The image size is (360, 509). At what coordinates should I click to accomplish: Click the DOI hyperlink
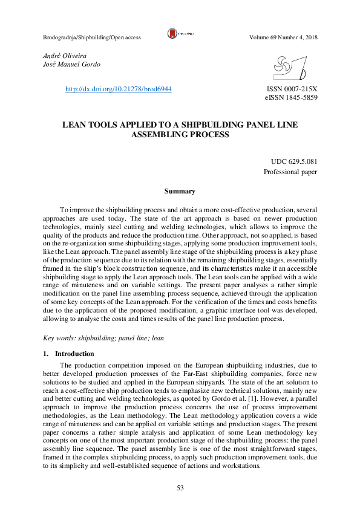(x=118, y=89)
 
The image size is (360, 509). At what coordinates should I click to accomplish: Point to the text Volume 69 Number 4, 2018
(x=283, y=37)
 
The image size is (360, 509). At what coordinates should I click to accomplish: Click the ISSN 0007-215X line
(x=292, y=89)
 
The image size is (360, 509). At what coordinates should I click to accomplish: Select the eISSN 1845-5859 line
(x=291, y=97)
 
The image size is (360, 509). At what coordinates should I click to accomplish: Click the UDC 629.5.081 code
(x=294, y=161)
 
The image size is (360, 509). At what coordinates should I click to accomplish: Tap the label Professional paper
(x=290, y=172)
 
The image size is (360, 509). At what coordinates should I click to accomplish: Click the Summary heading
(x=180, y=191)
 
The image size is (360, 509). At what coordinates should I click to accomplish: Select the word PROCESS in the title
(x=211, y=135)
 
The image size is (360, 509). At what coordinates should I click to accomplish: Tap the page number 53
(x=180, y=488)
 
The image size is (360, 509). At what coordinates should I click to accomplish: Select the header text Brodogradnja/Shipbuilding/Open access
(x=92, y=37)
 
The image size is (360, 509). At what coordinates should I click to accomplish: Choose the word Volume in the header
(x=260, y=37)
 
